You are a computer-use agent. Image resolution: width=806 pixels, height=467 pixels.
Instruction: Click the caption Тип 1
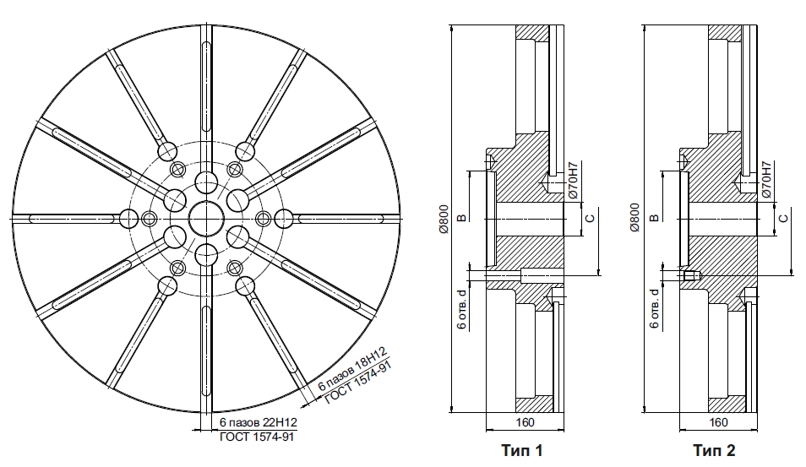[522, 451]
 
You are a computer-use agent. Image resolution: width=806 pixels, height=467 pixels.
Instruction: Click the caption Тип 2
[715, 451]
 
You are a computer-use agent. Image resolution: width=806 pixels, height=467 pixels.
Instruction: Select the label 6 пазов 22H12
[259, 422]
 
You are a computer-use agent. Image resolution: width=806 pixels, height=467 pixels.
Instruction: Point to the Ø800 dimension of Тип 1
[444, 219]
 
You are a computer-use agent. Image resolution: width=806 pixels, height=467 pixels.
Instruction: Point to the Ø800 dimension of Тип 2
[635, 217]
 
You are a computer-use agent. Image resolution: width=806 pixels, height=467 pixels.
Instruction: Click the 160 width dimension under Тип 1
[525, 422]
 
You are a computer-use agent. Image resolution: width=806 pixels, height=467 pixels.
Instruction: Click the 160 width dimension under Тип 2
[718, 422]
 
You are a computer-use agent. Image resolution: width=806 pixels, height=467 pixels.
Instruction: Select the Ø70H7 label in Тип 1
[574, 181]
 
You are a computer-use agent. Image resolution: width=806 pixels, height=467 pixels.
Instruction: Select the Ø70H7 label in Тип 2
[766, 179]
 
